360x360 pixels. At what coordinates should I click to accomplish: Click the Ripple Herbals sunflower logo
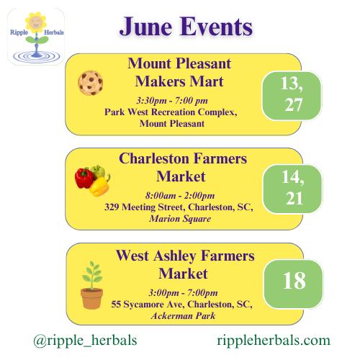(36, 37)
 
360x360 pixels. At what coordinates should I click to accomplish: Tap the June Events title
(186, 27)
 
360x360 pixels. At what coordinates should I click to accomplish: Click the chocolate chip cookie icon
(91, 83)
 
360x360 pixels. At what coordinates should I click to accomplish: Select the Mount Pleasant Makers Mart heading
(179, 72)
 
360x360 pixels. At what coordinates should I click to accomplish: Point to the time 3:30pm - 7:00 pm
(172, 101)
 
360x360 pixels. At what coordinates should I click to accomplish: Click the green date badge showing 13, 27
(292, 96)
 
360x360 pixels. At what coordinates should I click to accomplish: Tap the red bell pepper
(84, 178)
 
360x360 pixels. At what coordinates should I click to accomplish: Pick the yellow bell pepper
(99, 186)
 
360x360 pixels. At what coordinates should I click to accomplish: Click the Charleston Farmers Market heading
(183, 167)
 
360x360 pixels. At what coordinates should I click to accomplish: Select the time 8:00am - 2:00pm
(180, 196)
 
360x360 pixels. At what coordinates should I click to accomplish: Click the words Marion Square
(180, 219)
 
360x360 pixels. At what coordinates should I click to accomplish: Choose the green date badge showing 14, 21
(292, 189)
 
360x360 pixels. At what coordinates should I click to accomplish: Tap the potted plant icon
(92, 285)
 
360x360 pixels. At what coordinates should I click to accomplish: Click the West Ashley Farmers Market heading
(185, 264)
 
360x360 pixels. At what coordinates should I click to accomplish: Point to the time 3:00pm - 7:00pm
(183, 293)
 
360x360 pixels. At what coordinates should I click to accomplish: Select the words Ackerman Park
(183, 316)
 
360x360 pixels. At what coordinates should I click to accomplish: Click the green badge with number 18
(293, 284)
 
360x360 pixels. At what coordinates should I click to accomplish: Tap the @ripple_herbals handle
(85, 341)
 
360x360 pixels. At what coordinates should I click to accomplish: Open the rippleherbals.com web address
(274, 341)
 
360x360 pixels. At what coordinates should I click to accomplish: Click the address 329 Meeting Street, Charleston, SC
(179, 207)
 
